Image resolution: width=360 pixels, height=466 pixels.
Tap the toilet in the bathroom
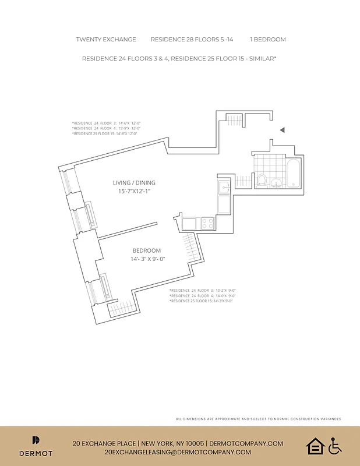pos(262,180)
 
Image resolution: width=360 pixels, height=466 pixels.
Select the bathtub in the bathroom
pos(293,173)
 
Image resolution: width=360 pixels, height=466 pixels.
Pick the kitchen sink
pos(224,188)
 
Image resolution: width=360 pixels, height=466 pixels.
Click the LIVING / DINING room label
pos(134,183)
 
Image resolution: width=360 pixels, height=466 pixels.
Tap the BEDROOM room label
pos(146,251)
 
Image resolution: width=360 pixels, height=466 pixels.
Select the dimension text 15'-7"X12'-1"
pos(134,191)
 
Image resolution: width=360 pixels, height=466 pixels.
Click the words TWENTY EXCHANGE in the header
pos(106,40)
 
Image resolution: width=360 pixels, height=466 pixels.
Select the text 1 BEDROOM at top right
pos(268,40)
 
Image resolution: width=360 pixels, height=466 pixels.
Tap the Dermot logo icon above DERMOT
pos(36,441)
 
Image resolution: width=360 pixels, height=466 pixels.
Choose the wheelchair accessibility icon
pos(334,447)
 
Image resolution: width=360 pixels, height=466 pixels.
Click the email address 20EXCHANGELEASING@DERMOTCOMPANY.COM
pos(178,452)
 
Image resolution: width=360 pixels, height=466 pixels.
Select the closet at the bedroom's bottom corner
pos(121,308)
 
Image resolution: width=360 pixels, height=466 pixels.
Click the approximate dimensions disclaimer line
pos(258,419)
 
